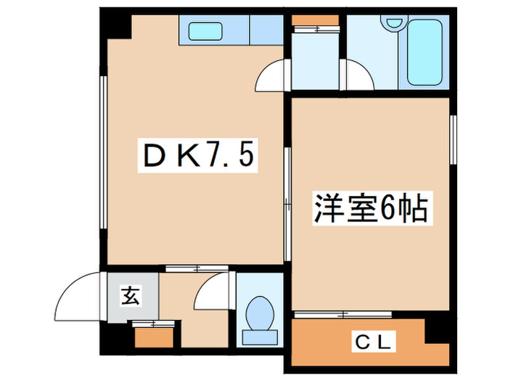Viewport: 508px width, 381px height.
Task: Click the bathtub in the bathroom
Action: pyautogui.click(x=425, y=52)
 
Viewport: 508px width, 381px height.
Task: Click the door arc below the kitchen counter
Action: pyautogui.click(x=273, y=76)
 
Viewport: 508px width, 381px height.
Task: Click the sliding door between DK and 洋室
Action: pyautogui.click(x=287, y=189)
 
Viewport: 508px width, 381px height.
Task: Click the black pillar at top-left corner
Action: pyautogui.click(x=115, y=25)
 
